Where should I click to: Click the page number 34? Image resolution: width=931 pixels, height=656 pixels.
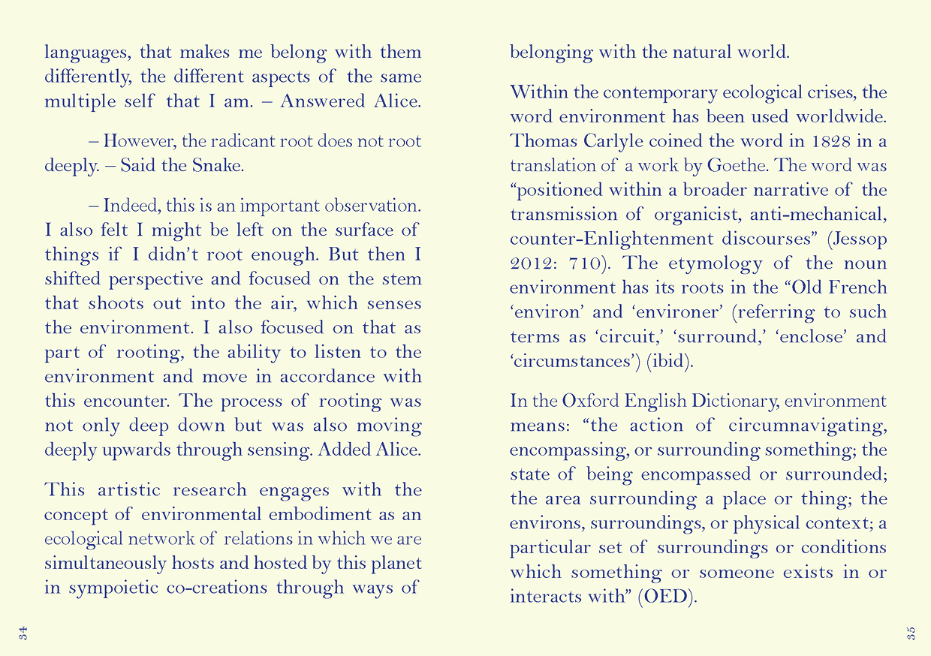pyautogui.click(x=24, y=632)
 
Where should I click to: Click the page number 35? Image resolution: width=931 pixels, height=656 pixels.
pyautogui.click(x=911, y=632)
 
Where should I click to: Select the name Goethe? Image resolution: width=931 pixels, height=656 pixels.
pyautogui.click(x=770, y=165)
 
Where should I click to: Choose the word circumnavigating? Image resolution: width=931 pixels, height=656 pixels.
pyautogui.click(x=808, y=426)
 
